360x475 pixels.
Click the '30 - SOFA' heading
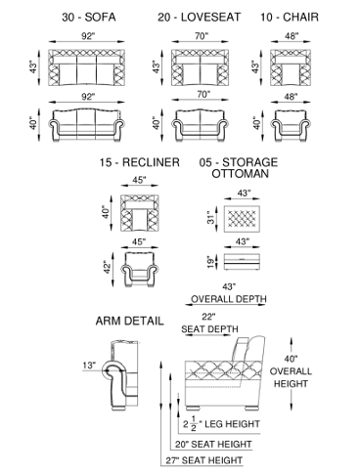[x=89, y=17]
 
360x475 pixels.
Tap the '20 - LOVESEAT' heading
[x=200, y=17]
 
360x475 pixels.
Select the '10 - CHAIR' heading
[x=290, y=17]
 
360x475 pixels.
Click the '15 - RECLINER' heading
[x=140, y=162]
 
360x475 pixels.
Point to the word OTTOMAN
[x=241, y=173]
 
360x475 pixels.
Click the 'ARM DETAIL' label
[x=129, y=321]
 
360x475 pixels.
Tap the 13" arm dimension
[x=89, y=366]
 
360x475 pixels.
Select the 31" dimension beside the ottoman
[x=211, y=217]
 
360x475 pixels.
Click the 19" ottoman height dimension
[x=211, y=262]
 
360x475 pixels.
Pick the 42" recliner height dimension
[x=108, y=267]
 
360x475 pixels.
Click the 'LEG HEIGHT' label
[x=233, y=424]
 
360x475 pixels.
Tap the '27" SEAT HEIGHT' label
[x=204, y=460]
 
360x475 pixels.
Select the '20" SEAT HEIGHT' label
[x=213, y=444]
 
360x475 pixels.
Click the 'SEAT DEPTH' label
[x=209, y=328]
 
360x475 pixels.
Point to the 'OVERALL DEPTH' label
[x=229, y=299]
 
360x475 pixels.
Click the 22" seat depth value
[x=208, y=317]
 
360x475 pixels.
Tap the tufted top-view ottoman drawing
[x=242, y=219]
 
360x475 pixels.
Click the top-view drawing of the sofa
[x=87, y=67]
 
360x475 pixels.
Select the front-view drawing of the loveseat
[x=200, y=125]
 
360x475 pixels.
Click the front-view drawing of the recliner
[x=140, y=270]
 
